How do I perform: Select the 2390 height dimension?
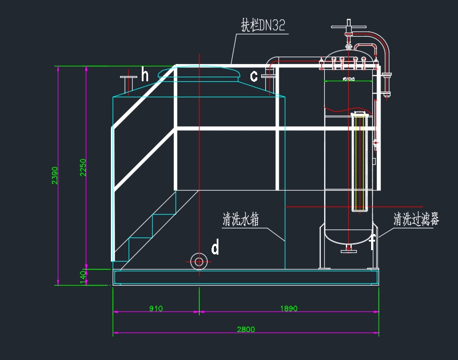[55, 175]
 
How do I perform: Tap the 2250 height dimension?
[83, 167]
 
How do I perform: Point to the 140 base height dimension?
[83, 275]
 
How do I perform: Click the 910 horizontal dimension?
[156, 308]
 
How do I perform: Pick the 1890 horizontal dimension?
[289, 308]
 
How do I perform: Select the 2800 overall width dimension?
[246, 329]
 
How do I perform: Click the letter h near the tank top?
[145, 75]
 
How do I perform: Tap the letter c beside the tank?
[254, 76]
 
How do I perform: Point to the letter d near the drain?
[215, 248]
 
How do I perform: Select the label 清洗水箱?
[241, 220]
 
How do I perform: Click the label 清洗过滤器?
[416, 219]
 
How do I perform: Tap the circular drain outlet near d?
[198, 262]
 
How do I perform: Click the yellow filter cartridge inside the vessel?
[360, 163]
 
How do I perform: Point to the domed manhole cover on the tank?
[198, 72]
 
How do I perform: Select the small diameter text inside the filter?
[348, 79]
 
